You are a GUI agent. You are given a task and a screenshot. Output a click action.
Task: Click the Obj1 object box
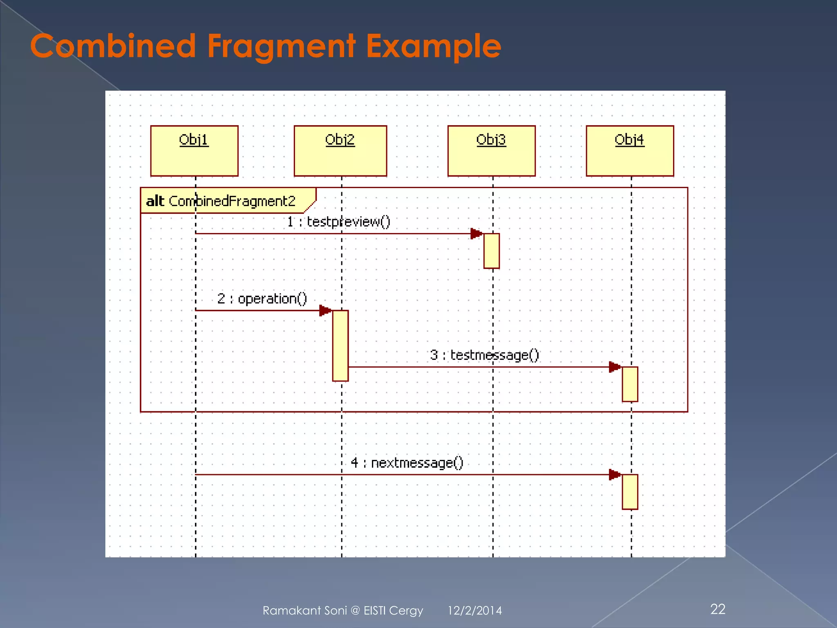point(194,151)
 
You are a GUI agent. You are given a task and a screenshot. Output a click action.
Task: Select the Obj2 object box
point(340,151)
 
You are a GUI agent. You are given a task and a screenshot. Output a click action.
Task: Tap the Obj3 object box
point(491,151)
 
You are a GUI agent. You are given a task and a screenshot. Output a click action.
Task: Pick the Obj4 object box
point(629,151)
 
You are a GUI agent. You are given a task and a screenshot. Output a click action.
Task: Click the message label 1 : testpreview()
point(338,222)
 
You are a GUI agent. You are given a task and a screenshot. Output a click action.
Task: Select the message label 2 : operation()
point(262,298)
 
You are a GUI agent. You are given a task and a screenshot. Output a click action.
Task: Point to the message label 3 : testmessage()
point(484,355)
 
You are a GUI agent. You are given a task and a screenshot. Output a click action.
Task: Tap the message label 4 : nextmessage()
point(407,463)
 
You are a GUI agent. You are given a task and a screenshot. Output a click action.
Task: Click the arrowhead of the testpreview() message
point(476,234)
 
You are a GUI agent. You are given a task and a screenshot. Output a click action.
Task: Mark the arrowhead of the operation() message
point(325,310)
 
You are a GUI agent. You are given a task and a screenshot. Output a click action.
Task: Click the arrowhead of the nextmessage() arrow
point(614,475)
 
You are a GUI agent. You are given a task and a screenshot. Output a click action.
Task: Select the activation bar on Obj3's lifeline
point(491,251)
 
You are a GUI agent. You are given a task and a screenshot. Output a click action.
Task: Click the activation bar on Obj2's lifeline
point(340,346)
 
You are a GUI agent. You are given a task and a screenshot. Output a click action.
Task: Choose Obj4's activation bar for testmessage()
point(630,384)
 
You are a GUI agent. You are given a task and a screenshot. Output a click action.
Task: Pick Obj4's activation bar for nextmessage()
point(630,492)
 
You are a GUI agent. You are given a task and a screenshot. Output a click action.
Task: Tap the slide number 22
point(718,609)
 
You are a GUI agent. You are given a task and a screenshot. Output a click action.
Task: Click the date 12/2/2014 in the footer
point(474,610)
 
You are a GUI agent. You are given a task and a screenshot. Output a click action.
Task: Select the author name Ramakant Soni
point(304,610)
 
